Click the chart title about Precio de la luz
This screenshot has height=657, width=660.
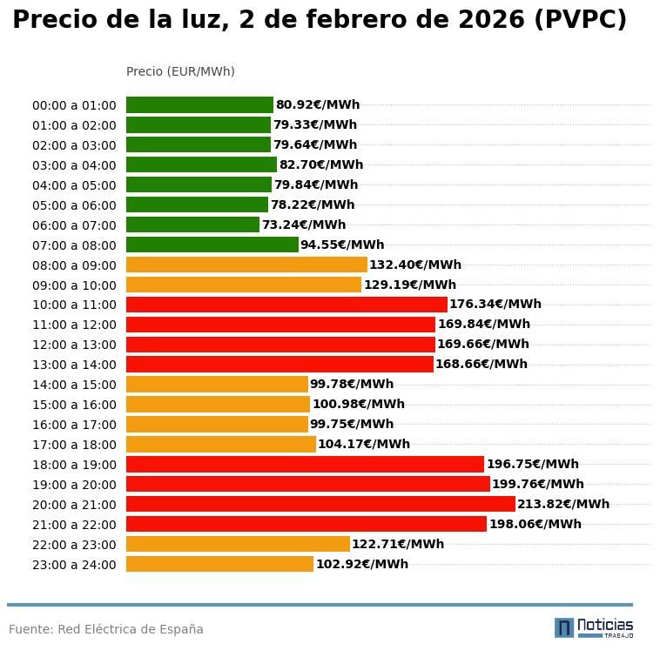[320, 21]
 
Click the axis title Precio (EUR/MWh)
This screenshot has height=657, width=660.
[180, 71]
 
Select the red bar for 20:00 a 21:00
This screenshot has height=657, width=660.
[320, 504]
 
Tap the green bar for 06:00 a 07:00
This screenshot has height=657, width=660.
[192, 225]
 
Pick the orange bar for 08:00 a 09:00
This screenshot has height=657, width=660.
[246, 265]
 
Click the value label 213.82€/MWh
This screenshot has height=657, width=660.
[563, 505]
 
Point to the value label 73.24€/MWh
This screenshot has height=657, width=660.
[304, 225]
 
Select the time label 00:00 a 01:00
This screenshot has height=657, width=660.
[74, 105]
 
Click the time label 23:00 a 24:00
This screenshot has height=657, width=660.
[74, 565]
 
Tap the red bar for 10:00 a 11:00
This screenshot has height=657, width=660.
[286, 305]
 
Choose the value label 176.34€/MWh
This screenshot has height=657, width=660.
[495, 305]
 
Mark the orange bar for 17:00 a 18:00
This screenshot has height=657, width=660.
[221, 444]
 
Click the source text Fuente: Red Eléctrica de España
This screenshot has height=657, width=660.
[106, 629]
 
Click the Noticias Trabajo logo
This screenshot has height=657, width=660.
[594, 627]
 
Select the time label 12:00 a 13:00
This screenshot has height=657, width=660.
[74, 345]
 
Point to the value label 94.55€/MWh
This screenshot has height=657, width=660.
[342, 245]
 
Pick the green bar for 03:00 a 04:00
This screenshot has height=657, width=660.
[201, 164]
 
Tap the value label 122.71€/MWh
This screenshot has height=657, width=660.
[398, 545]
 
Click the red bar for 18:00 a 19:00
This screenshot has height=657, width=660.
[305, 464]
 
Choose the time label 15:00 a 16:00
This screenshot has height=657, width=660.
[74, 405]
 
